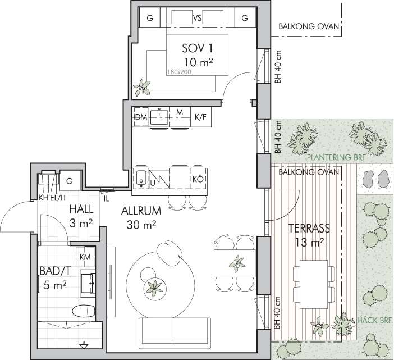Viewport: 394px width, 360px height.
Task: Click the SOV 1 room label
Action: (x=197, y=48)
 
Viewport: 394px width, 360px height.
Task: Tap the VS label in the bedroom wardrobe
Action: (x=197, y=18)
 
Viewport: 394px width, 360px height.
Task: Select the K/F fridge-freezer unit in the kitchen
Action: (x=201, y=117)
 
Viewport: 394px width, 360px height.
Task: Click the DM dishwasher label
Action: (x=141, y=117)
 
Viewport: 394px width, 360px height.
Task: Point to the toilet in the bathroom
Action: (x=84, y=311)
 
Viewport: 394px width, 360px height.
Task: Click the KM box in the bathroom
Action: (x=86, y=257)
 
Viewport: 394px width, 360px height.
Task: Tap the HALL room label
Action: (x=81, y=209)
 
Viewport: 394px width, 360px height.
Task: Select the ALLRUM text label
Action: (x=141, y=211)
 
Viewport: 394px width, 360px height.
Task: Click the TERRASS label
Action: (x=309, y=228)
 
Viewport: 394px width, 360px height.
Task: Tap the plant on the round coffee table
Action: (x=154, y=288)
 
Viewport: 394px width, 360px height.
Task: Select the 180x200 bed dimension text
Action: (x=179, y=72)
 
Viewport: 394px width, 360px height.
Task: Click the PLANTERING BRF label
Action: (x=337, y=158)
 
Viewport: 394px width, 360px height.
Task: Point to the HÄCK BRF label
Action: (x=374, y=320)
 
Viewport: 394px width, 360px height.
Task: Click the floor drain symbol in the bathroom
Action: (x=84, y=345)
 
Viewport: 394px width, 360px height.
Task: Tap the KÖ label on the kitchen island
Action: (x=198, y=179)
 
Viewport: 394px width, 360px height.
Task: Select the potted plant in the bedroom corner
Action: (x=142, y=88)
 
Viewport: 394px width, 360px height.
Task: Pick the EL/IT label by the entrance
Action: (x=58, y=198)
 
